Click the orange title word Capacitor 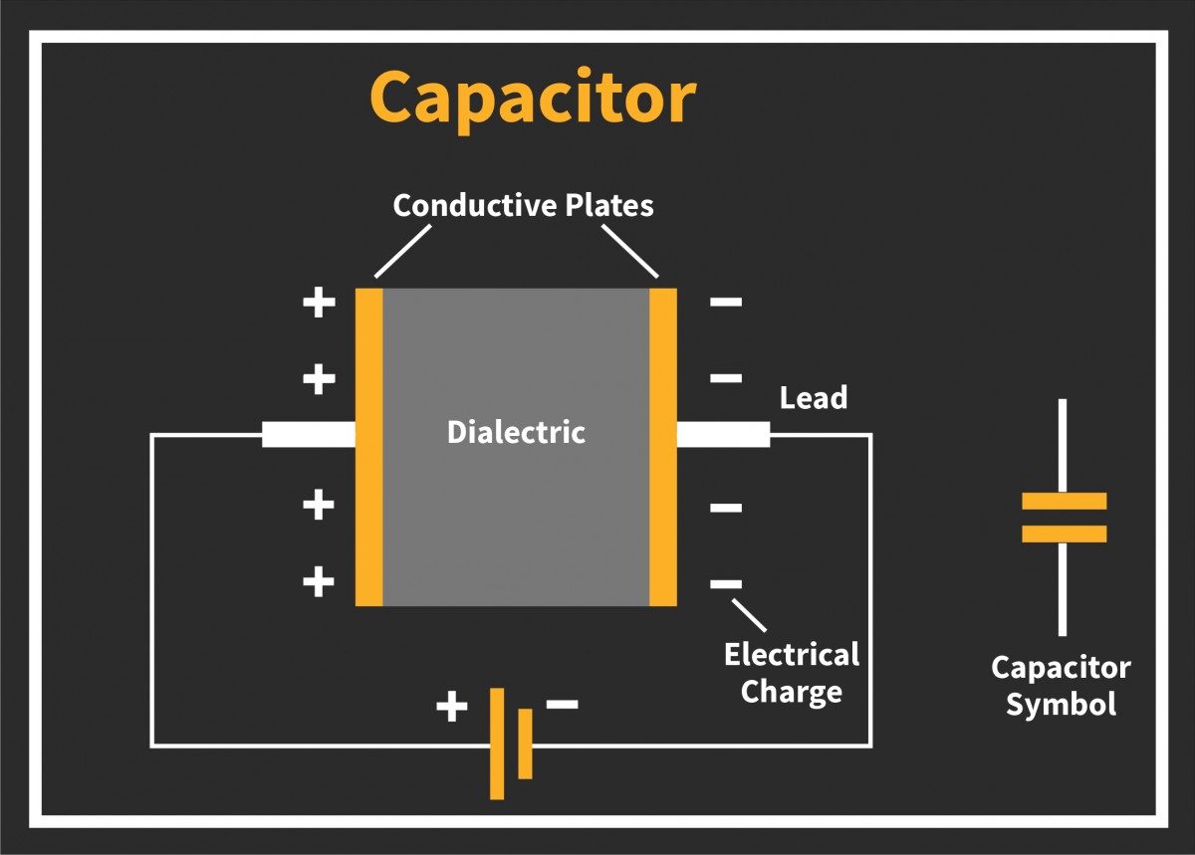tap(532, 98)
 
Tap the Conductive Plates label tap(523, 205)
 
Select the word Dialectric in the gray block tap(516, 433)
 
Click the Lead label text tap(813, 398)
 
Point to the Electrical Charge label tap(792, 673)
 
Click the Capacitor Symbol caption tap(1061, 686)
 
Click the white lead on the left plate tap(309, 435)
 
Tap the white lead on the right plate tap(723, 435)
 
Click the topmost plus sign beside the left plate tap(319, 302)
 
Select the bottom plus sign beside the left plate tap(319, 580)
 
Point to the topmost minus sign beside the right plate tap(726, 302)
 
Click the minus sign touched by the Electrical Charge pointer tap(726, 583)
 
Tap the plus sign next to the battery tap(451, 708)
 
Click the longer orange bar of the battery tap(497, 743)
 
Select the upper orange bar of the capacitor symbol tap(1064, 501)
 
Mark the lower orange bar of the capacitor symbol tap(1064, 534)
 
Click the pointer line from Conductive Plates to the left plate tap(402, 251)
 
